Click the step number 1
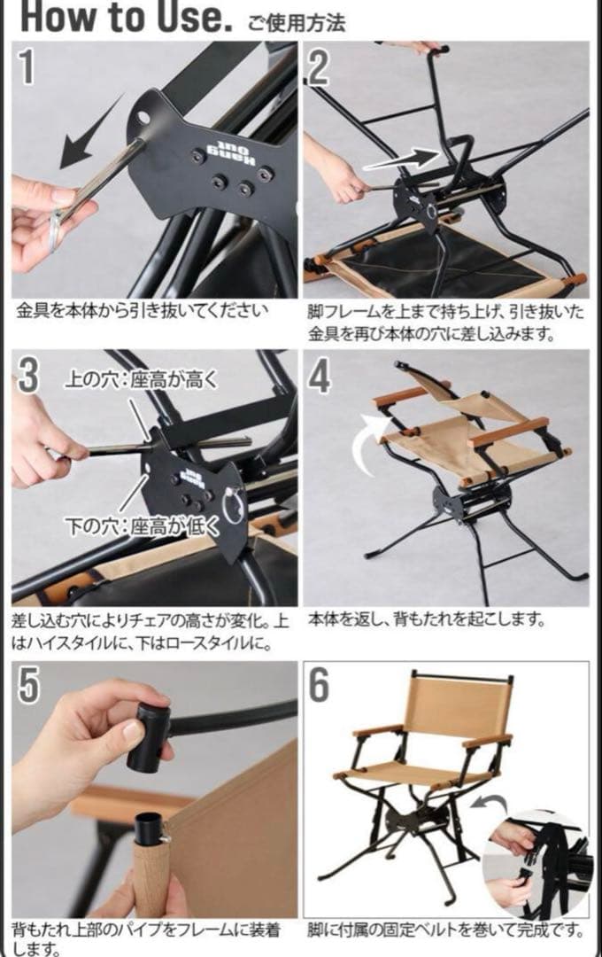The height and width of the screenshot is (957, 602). tap(27, 66)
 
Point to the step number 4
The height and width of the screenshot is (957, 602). tap(320, 377)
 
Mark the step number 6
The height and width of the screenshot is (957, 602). tap(319, 685)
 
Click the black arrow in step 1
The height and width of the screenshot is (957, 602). tap(91, 131)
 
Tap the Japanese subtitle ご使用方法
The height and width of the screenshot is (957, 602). tap(297, 23)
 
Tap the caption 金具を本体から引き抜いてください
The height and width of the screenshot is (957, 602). tap(143, 311)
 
